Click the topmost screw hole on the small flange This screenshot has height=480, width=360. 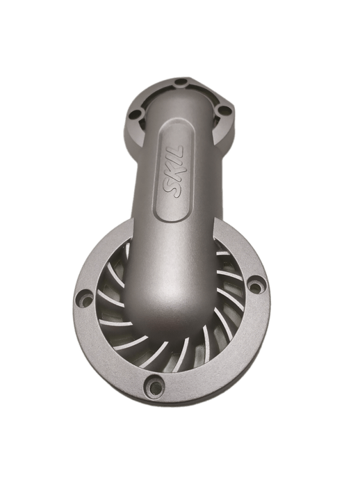click(x=182, y=83)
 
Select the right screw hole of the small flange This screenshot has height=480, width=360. click(x=224, y=110)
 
